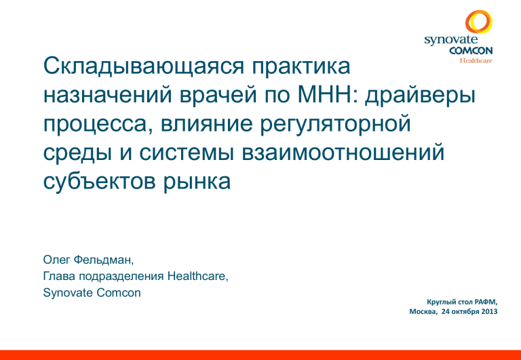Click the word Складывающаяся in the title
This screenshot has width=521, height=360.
coord(143,67)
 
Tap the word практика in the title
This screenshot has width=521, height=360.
coord(301,66)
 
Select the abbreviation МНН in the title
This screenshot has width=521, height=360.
coord(326,95)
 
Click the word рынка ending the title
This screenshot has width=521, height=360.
coord(196,182)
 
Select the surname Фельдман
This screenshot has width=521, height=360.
coord(104,260)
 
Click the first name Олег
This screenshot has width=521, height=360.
coord(56,260)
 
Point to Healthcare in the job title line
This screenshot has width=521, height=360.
coord(197,276)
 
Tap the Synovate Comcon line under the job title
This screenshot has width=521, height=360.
coord(92,293)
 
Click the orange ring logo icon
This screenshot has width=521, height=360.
coord(479,22)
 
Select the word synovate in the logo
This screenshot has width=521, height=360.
coord(451,40)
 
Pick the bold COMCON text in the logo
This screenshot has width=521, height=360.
coord(471,50)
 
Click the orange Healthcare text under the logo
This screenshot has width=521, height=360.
coord(476,60)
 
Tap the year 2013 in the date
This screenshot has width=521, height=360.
coord(490,311)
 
